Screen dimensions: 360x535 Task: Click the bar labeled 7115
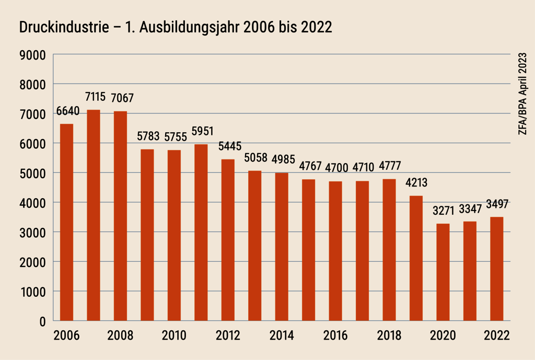(94, 215)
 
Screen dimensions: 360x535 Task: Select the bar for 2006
(66, 222)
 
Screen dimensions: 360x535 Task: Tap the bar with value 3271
(443, 272)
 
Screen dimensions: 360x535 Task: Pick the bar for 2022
(497, 269)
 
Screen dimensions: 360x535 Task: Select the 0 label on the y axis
(42, 321)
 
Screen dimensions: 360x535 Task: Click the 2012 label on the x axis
(228, 335)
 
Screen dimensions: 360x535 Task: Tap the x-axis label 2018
(389, 335)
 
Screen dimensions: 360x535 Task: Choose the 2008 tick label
(120, 335)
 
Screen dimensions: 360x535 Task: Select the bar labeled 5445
(228, 240)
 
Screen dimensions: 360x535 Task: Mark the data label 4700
(335, 168)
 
